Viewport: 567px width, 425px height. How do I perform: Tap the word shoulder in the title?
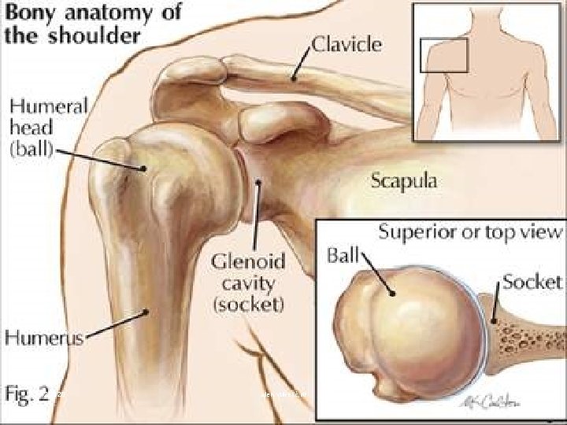click(x=101, y=35)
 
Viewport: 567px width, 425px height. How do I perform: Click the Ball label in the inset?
click(x=341, y=257)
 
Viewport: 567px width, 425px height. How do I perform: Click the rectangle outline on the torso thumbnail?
click(x=444, y=55)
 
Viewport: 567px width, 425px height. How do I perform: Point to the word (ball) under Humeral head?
click(x=28, y=150)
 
